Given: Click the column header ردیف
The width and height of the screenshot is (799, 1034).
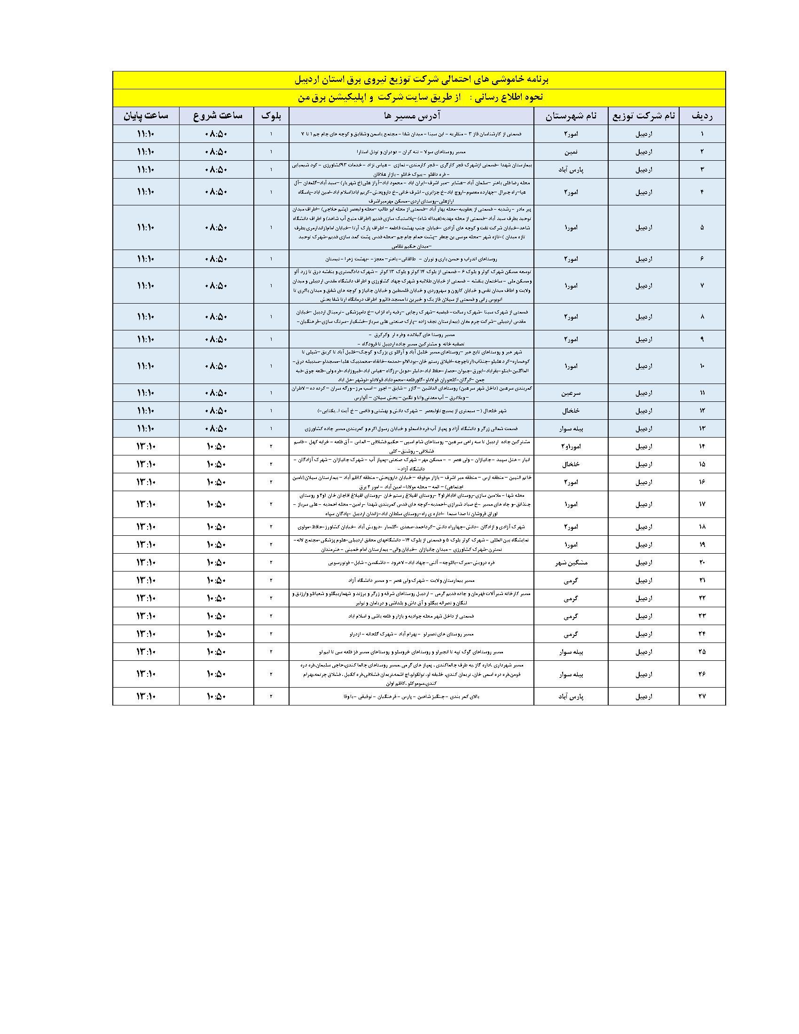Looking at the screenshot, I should (702, 116).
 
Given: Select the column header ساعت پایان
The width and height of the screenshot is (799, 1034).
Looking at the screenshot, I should (145, 116).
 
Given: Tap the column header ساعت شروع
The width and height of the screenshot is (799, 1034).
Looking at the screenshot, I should (216, 116).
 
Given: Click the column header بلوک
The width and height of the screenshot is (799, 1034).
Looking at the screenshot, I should (271, 116).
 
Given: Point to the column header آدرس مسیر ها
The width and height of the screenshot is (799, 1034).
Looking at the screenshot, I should (411, 116).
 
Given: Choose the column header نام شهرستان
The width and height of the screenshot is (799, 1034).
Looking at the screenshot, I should (571, 116).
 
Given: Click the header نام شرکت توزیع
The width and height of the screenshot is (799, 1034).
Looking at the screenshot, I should (643, 116).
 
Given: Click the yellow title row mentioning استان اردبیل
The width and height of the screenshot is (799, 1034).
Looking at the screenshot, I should (418, 80).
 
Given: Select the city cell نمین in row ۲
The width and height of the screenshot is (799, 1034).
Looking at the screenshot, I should (571, 152).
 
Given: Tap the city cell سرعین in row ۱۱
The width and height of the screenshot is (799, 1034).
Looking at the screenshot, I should (571, 393).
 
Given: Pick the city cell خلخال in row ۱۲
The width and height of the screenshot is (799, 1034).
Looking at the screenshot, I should (571, 410).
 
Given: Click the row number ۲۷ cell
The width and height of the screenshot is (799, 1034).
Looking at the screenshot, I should (702, 697).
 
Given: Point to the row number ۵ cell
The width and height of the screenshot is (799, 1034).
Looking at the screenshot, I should (702, 227).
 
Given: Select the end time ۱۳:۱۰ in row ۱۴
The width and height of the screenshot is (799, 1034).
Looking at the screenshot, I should (145, 446).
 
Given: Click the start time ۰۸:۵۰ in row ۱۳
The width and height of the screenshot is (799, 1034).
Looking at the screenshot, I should (216, 429).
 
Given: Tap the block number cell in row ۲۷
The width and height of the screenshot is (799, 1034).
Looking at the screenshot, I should (271, 697).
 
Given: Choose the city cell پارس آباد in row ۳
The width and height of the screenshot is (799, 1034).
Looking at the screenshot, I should (571, 170).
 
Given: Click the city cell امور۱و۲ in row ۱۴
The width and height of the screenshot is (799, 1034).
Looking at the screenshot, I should (571, 446).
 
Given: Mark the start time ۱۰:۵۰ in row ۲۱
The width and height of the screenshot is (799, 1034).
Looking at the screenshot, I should (216, 580).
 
